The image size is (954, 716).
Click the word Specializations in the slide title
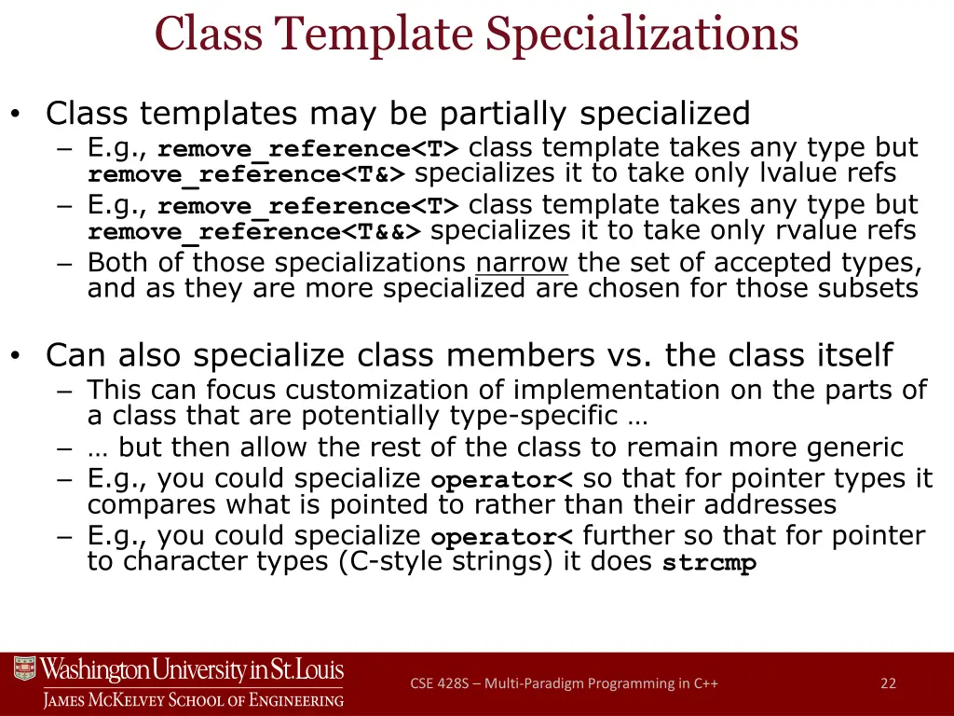tap(643, 34)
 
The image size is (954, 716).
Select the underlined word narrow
tap(522, 263)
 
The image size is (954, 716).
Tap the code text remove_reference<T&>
tap(248, 174)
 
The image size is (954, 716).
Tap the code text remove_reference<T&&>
tap(255, 231)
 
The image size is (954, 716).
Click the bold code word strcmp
tap(709, 564)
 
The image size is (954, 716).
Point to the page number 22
tap(888, 683)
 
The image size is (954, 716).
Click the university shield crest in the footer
tap(25, 669)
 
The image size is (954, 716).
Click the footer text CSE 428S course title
tap(564, 683)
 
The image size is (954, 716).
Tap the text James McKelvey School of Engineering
tap(193, 700)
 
